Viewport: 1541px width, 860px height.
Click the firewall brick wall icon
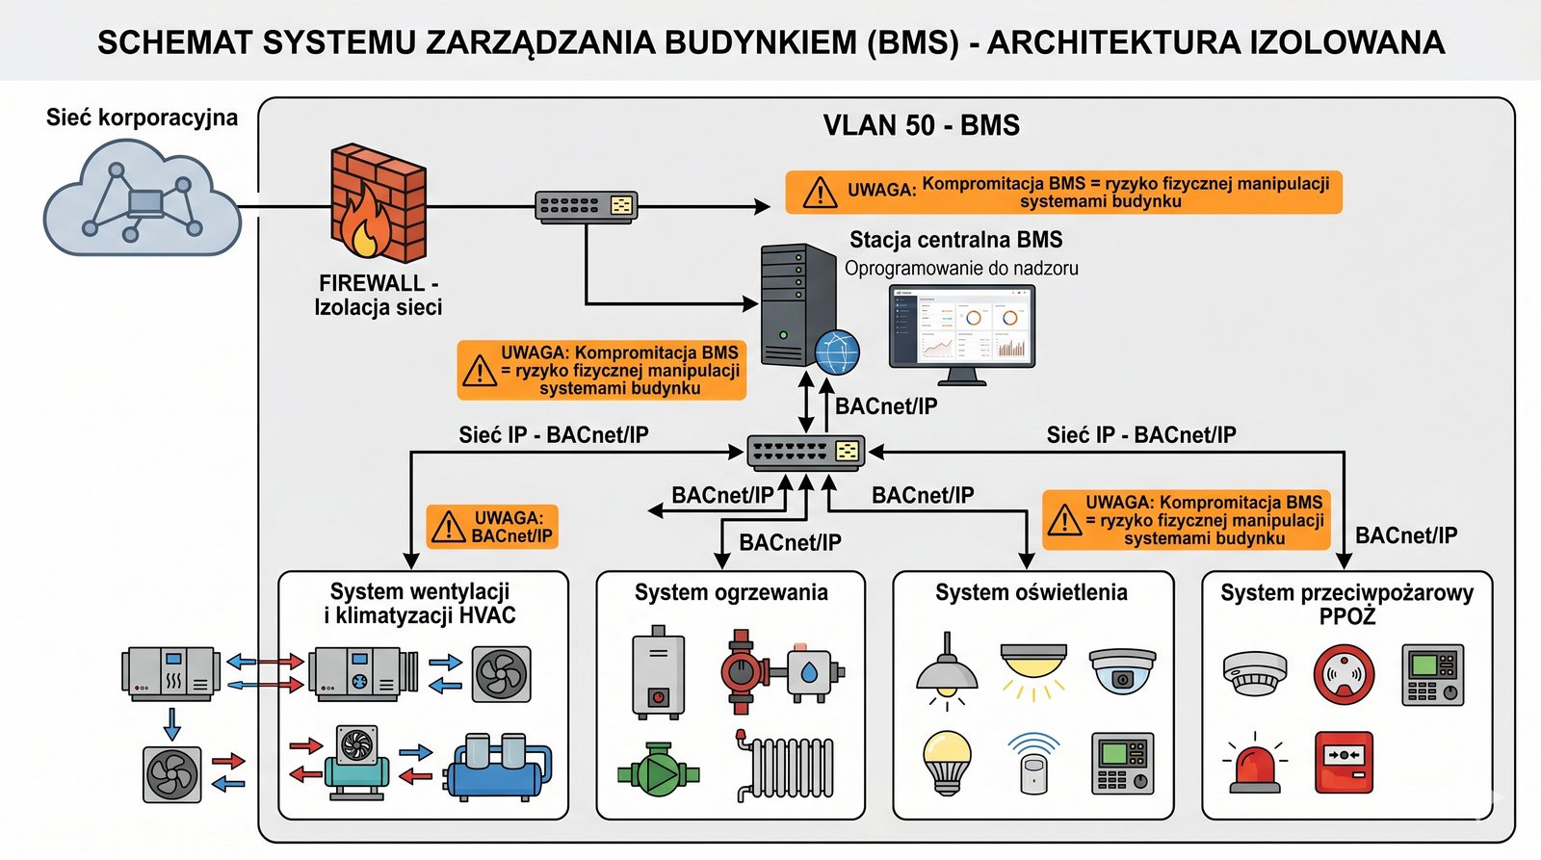(377, 203)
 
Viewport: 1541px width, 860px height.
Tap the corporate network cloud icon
(141, 199)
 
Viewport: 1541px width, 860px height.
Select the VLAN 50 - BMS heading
(921, 125)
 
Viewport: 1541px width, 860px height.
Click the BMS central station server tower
(797, 304)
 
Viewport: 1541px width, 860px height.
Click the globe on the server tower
(837, 352)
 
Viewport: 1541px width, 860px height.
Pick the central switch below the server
(806, 452)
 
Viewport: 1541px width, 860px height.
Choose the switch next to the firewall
(586, 206)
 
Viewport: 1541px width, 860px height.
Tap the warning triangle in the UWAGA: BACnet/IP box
(448, 527)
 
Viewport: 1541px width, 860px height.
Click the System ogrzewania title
(731, 592)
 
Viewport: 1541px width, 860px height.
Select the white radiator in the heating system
(785, 767)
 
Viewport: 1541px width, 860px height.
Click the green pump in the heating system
(659, 769)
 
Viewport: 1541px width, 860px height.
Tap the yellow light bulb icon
(947, 761)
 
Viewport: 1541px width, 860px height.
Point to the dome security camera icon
(1122, 670)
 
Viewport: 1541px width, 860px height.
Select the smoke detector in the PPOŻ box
(1254, 672)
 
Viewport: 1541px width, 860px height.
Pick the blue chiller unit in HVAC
(498, 768)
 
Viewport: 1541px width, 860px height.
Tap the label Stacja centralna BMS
(955, 240)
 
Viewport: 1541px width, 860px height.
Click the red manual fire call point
(1344, 762)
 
